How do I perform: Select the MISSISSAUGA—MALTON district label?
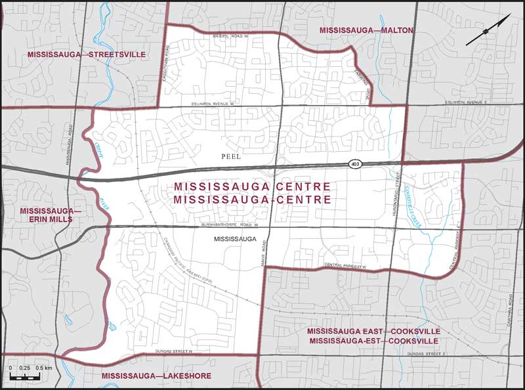click(366, 31)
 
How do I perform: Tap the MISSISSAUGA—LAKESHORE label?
click(147, 376)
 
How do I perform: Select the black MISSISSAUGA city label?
click(234, 240)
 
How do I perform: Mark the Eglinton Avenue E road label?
click(467, 102)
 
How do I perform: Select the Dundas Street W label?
click(171, 351)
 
